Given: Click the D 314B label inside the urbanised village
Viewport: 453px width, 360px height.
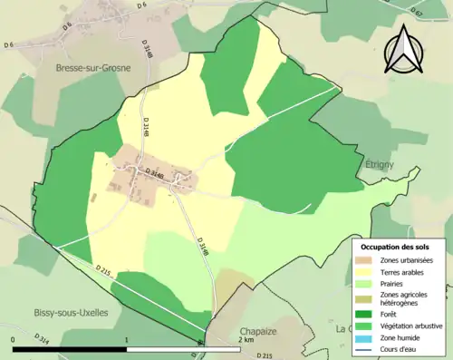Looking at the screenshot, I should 155,170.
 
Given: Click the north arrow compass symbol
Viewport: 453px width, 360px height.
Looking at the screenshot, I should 405,50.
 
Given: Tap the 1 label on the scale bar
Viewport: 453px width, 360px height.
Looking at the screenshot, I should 127,338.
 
